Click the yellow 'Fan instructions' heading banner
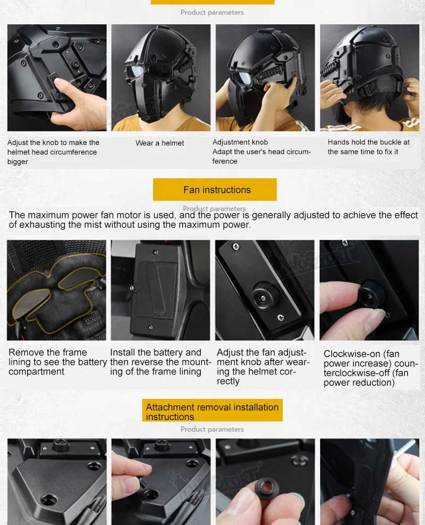point(215,189)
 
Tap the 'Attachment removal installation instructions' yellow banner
point(212,410)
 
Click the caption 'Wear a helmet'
point(160,143)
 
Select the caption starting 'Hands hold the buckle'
point(369,147)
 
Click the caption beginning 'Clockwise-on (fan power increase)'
point(371,369)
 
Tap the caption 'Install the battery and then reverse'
point(160,362)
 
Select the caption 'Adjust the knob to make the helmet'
point(53,152)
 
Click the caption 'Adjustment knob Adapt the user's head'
point(262,152)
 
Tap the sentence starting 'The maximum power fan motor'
point(214,220)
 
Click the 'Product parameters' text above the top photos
point(212,12)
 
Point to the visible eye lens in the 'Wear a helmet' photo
point(136,71)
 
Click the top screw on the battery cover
point(155,251)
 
